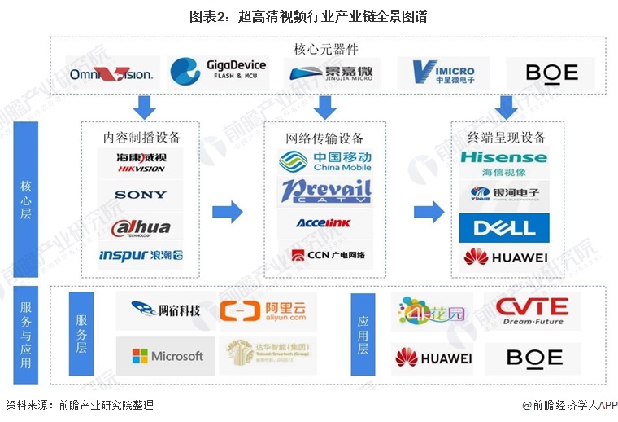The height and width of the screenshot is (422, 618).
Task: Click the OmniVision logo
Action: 111,74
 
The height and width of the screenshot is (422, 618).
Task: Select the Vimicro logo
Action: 443,73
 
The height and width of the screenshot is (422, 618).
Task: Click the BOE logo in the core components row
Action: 551,73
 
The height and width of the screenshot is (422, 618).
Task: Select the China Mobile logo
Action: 325,161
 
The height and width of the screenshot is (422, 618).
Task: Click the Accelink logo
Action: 324,223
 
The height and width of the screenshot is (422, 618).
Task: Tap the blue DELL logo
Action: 503,226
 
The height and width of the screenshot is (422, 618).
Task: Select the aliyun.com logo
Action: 268,310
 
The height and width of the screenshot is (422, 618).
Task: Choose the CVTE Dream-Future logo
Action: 533,310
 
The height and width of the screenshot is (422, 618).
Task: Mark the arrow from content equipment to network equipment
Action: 227,213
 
